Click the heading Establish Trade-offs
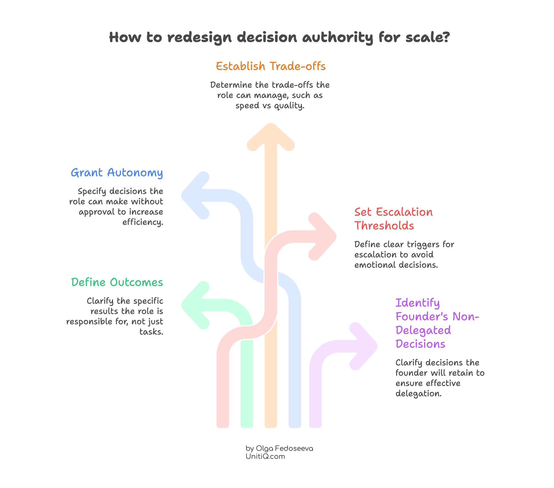click(270, 66)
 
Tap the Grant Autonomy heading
click(117, 173)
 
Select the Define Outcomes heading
click(117, 282)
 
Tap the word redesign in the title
click(200, 37)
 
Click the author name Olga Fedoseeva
click(284, 449)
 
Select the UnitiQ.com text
click(265, 457)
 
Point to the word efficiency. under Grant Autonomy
click(143, 222)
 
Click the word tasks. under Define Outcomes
click(151, 332)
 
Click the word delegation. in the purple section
click(418, 394)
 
